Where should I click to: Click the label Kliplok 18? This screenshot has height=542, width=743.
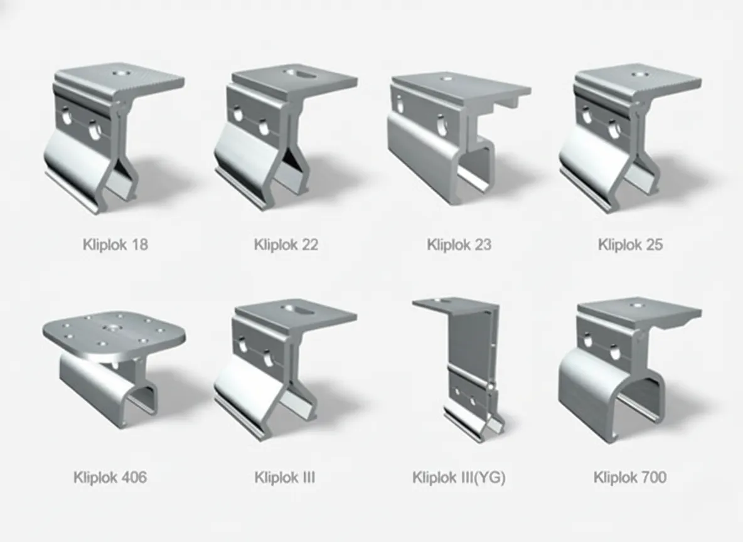pyautogui.click(x=115, y=244)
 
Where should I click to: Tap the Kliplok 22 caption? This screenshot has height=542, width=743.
pyautogui.click(x=286, y=244)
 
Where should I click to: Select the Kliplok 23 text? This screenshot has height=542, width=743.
pyautogui.click(x=459, y=244)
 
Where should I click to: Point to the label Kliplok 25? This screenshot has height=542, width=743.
pyautogui.click(x=630, y=244)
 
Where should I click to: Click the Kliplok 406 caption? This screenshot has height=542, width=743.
pyautogui.click(x=110, y=477)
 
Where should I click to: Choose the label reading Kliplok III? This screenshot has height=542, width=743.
pyautogui.click(x=284, y=477)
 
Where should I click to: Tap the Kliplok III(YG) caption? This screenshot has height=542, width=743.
pyautogui.click(x=459, y=477)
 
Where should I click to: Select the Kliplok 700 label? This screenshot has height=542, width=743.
pyautogui.click(x=630, y=477)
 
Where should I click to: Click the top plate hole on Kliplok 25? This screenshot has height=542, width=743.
pyautogui.click(x=639, y=73)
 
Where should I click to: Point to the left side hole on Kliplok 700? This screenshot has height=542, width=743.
pyautogui.click(x=587, y=341)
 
